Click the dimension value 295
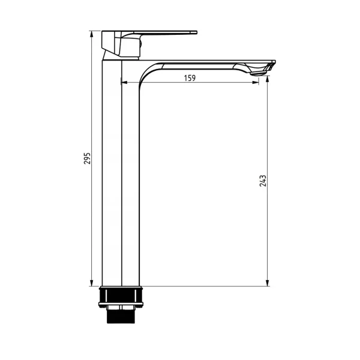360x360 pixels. click(x=87, y=158)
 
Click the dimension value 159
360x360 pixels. click(x=190, y=78)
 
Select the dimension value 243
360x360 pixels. click(x=263, y=181)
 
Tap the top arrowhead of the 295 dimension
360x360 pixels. click(x=91, y=34)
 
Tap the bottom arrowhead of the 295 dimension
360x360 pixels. click(x=91, y=283)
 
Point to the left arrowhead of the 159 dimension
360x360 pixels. click(x=124, y=82)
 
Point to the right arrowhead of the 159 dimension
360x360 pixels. click(x=256, y=82)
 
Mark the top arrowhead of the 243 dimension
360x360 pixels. click(x=267, y=79)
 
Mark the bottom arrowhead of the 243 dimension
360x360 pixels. click(x=267, y=283)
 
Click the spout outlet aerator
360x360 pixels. click(x=258, y=73)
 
